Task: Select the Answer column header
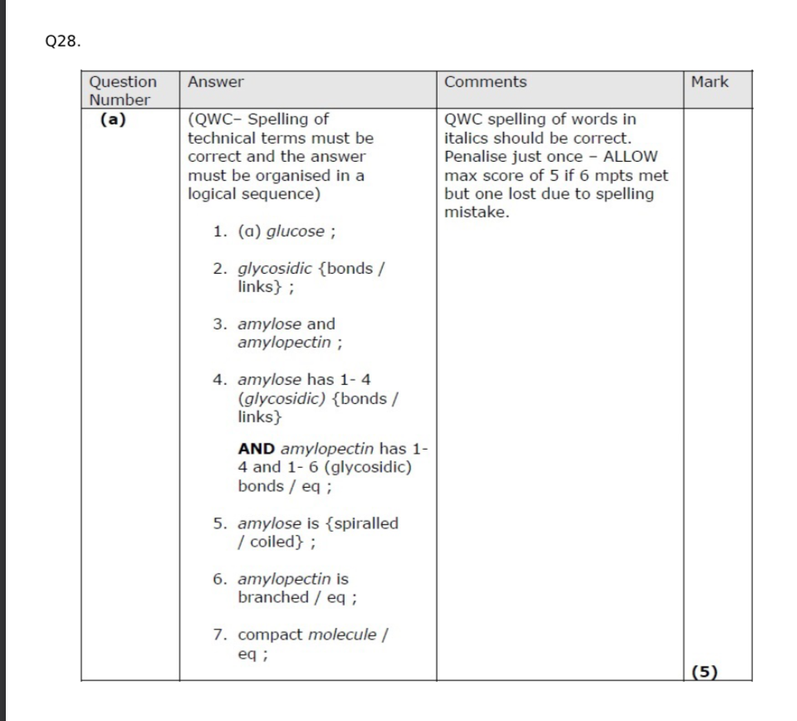(x=216, y=82)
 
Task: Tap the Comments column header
(x=485, y=82)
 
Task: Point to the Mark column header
(x=709, y=82)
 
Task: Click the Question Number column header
(x=122, y=90)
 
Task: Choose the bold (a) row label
(x=113, y=119)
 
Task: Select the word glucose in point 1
(x=295, y=231)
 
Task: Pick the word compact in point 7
(x=270, y=635)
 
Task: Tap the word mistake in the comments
(x=476, y=212)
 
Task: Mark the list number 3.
(x=219, y=324)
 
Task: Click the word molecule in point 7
(x=342, y=635)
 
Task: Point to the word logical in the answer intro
(x=213, y=194)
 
